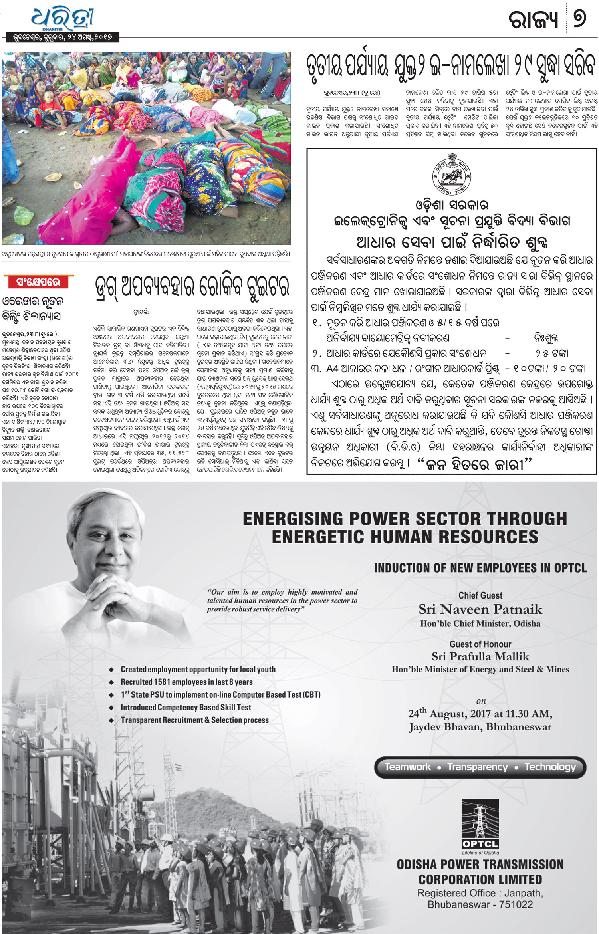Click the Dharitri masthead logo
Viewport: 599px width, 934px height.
[63, 19]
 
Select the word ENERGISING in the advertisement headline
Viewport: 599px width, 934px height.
[293, 519]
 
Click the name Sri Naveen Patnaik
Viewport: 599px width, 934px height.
[480, 609]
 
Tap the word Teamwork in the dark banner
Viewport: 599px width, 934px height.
[407, 767]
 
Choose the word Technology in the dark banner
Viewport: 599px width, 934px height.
[550, 767]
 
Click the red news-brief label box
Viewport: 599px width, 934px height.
[38, 282]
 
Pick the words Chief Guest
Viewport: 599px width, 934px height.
[480, 595]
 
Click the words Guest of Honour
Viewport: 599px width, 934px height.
[480, 644]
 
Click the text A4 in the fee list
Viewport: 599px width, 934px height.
[333, 369]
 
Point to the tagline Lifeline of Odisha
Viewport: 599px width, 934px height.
[480, 852]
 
